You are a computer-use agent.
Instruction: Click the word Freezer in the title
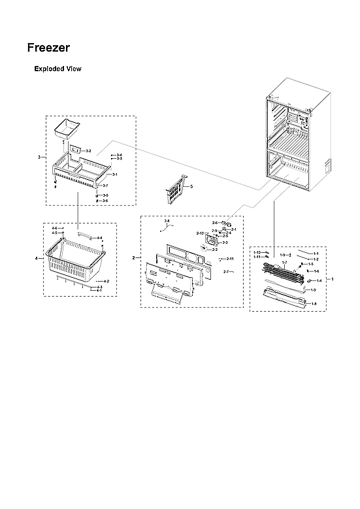click(49, 48)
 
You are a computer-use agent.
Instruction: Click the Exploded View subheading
click(57, 69)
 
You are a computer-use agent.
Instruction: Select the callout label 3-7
click(105, 186)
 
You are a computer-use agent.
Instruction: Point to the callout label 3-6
click(105, 201)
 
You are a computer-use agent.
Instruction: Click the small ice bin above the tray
click(67, 129)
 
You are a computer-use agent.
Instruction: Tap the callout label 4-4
click(99, 238)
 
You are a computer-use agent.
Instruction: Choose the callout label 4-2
click(105, 281)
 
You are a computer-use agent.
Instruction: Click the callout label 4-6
click(54, 228)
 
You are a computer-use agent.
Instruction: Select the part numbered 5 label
click(191, 187)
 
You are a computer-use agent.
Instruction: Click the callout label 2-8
click(167, 222)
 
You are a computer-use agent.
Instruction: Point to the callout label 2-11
click(230, 259)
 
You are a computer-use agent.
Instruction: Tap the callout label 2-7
click(226, 271)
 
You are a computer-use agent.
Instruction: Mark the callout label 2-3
click(225, 242)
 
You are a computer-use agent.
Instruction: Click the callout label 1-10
click(257, 252)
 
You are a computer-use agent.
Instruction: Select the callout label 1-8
click(314, 304)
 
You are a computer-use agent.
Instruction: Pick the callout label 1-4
click(319, 280)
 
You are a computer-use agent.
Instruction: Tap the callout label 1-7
click(284, 262)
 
